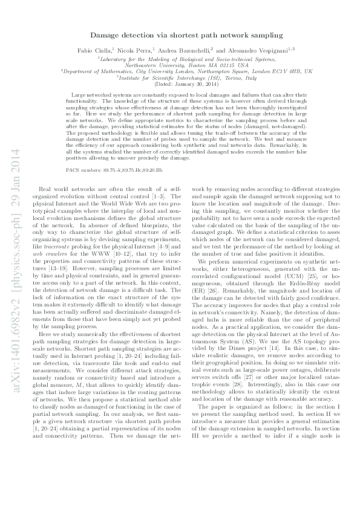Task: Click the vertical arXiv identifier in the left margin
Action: pos(14,254)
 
